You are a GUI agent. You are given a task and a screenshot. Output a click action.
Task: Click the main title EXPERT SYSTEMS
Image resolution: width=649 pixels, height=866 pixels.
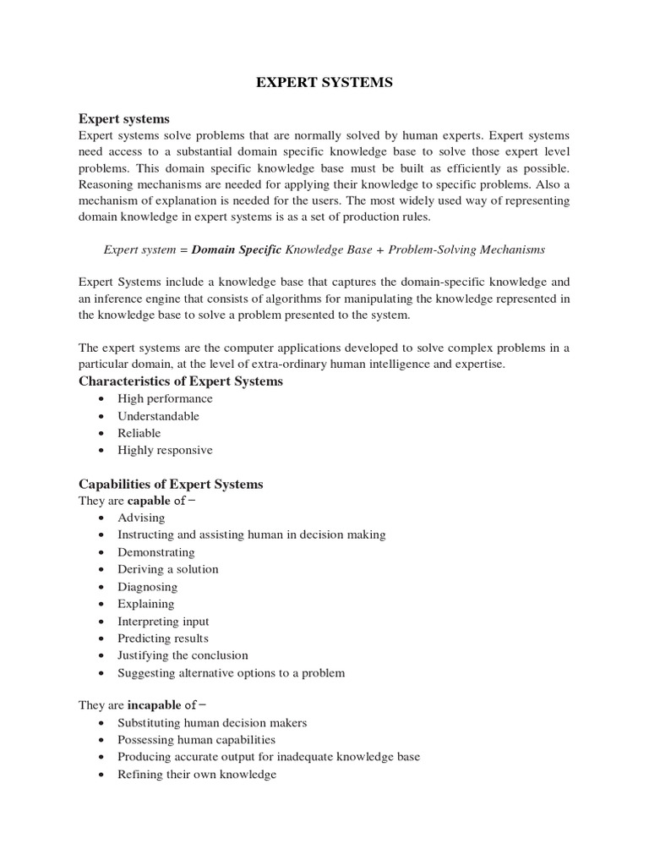[x=324, y=84]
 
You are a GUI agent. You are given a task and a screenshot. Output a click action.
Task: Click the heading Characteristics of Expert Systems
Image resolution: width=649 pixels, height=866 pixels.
[x=181, y=381]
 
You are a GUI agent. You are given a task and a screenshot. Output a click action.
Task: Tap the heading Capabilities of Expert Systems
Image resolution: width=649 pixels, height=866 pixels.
[x=171, y=484]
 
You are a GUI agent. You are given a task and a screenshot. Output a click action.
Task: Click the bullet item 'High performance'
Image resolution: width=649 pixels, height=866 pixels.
[x=165, y=398]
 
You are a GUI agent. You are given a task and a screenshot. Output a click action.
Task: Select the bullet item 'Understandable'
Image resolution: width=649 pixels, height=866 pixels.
[x=158, y=416]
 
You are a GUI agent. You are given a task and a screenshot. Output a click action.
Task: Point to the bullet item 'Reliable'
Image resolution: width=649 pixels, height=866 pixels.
[x=139, y=433]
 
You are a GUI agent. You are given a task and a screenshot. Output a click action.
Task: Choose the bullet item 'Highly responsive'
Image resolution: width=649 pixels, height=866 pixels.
[x=165, y=450]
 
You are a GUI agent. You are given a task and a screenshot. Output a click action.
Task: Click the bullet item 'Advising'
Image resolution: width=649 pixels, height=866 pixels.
[x=141, y=518]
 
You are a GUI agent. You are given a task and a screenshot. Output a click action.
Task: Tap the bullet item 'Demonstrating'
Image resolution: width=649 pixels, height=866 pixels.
[x=155, y=552]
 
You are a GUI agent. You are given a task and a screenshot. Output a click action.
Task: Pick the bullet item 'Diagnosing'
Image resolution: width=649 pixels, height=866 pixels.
[x=147, y=587]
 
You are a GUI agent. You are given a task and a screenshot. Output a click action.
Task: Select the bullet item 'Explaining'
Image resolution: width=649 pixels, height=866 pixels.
[x=145, y=604]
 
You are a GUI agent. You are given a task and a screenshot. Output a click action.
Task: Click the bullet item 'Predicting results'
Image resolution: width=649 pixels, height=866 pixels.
[x=162, y=639]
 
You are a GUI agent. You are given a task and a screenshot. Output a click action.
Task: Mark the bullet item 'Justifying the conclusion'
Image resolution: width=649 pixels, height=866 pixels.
[x=183, y=655]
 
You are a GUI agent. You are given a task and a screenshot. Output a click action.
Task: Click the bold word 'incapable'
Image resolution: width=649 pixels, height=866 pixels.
[x=154, y=704]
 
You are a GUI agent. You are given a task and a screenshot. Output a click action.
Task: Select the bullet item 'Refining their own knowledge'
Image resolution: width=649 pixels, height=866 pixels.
[x=197, y=774]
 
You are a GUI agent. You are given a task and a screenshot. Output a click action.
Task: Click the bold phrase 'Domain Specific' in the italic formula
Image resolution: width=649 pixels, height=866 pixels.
[x=236, y=249]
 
